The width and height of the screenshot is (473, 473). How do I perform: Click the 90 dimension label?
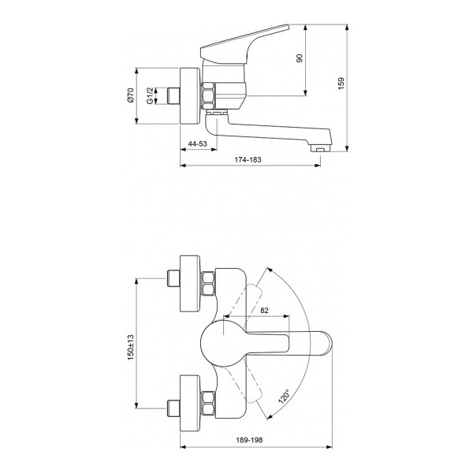(300, 58)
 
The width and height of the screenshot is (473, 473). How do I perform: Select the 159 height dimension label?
(341, 84)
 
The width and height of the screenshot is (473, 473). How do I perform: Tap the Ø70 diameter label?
(130, 95)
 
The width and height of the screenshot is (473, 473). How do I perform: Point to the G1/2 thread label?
(150, 96)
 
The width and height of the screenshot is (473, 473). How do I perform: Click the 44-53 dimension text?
(198, 144)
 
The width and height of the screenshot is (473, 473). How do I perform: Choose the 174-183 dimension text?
(248, 160)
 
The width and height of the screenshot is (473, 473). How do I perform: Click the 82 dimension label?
(264, 311)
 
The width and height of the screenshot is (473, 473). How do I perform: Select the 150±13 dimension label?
(130, 347)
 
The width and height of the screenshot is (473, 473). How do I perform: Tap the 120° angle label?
(284, 396)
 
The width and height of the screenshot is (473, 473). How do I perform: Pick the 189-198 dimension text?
(249, 440)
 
